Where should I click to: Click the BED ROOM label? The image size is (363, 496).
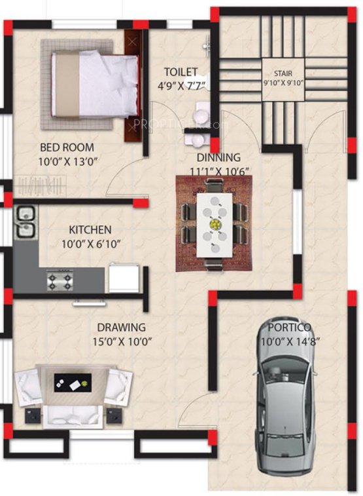point(67,147)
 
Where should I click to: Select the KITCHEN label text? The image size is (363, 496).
point(90,230)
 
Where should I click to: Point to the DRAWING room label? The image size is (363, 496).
point(122,327)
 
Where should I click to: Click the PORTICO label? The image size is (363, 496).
point(288,328)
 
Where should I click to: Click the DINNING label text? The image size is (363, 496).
point(219,157)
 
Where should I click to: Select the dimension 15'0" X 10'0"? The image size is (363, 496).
point(122,341)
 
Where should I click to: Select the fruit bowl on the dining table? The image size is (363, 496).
point(214,224)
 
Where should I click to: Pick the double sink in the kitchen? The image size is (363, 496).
point(26,221)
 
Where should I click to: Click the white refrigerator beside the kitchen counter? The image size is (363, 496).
point(124,277)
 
